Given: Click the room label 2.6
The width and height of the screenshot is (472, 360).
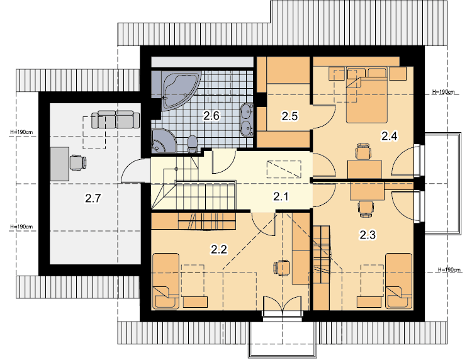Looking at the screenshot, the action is pos(211,116).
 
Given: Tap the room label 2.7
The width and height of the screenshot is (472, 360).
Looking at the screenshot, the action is pos(93,198).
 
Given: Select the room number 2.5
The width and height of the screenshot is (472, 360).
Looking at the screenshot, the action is pos(289,116).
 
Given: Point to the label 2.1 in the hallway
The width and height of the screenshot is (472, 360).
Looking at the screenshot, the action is pos(281,197).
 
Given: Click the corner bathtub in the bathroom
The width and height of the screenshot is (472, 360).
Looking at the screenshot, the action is pos(179,90).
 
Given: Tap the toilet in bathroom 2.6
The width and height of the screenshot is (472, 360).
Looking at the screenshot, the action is pos(192,144).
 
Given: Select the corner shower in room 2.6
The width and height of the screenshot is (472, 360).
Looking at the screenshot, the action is pos(162,140).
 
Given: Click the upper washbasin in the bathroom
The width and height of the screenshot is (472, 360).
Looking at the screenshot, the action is pos(247,111).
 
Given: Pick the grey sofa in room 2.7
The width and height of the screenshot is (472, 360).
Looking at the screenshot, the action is pos(116,119).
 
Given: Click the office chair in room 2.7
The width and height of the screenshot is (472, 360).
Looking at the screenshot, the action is pos(78,162).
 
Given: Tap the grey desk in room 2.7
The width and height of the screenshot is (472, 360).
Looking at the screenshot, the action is pos(60,164).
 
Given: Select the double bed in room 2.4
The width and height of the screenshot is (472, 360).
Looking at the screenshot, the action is pos(367,96).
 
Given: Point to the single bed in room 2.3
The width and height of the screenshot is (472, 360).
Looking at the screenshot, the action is pos(399,281).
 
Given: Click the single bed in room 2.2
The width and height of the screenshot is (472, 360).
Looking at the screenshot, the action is pos(166,281).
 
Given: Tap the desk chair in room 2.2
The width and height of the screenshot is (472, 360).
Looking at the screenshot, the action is pos(281,268).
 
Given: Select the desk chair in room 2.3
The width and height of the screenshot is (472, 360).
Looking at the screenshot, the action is pos(366,208).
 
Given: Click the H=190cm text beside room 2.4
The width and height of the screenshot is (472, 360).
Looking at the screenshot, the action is pos(443,92).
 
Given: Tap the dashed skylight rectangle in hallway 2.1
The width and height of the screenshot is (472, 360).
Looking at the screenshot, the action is pos(284,169).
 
